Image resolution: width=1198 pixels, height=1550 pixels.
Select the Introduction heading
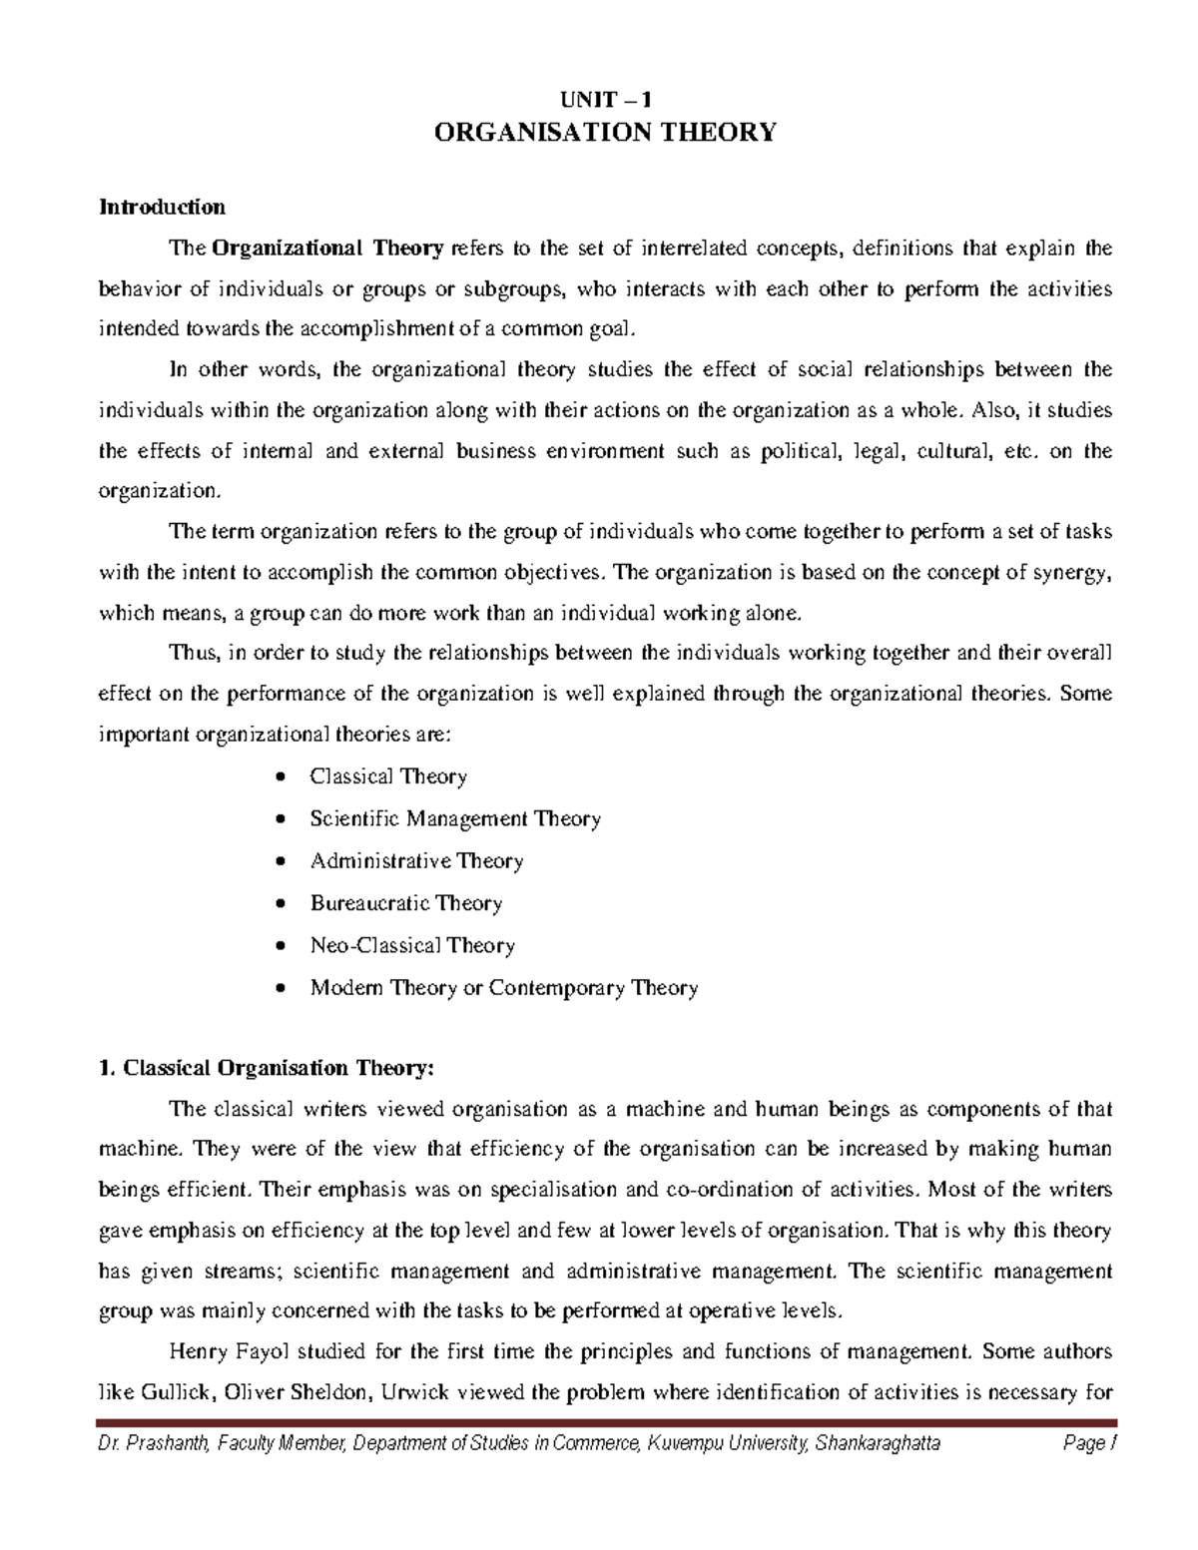pos(161,208)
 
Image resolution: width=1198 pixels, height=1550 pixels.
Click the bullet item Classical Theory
pos(388,776)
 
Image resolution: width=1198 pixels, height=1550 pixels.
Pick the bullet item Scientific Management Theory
pos(455,819)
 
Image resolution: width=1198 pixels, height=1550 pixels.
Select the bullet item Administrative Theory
pos(416,861)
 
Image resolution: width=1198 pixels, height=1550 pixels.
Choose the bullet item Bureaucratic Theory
pos(405,903)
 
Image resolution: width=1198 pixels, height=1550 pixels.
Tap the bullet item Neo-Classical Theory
pos(412,945)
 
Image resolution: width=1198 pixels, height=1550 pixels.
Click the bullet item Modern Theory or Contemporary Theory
pos(504,988)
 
